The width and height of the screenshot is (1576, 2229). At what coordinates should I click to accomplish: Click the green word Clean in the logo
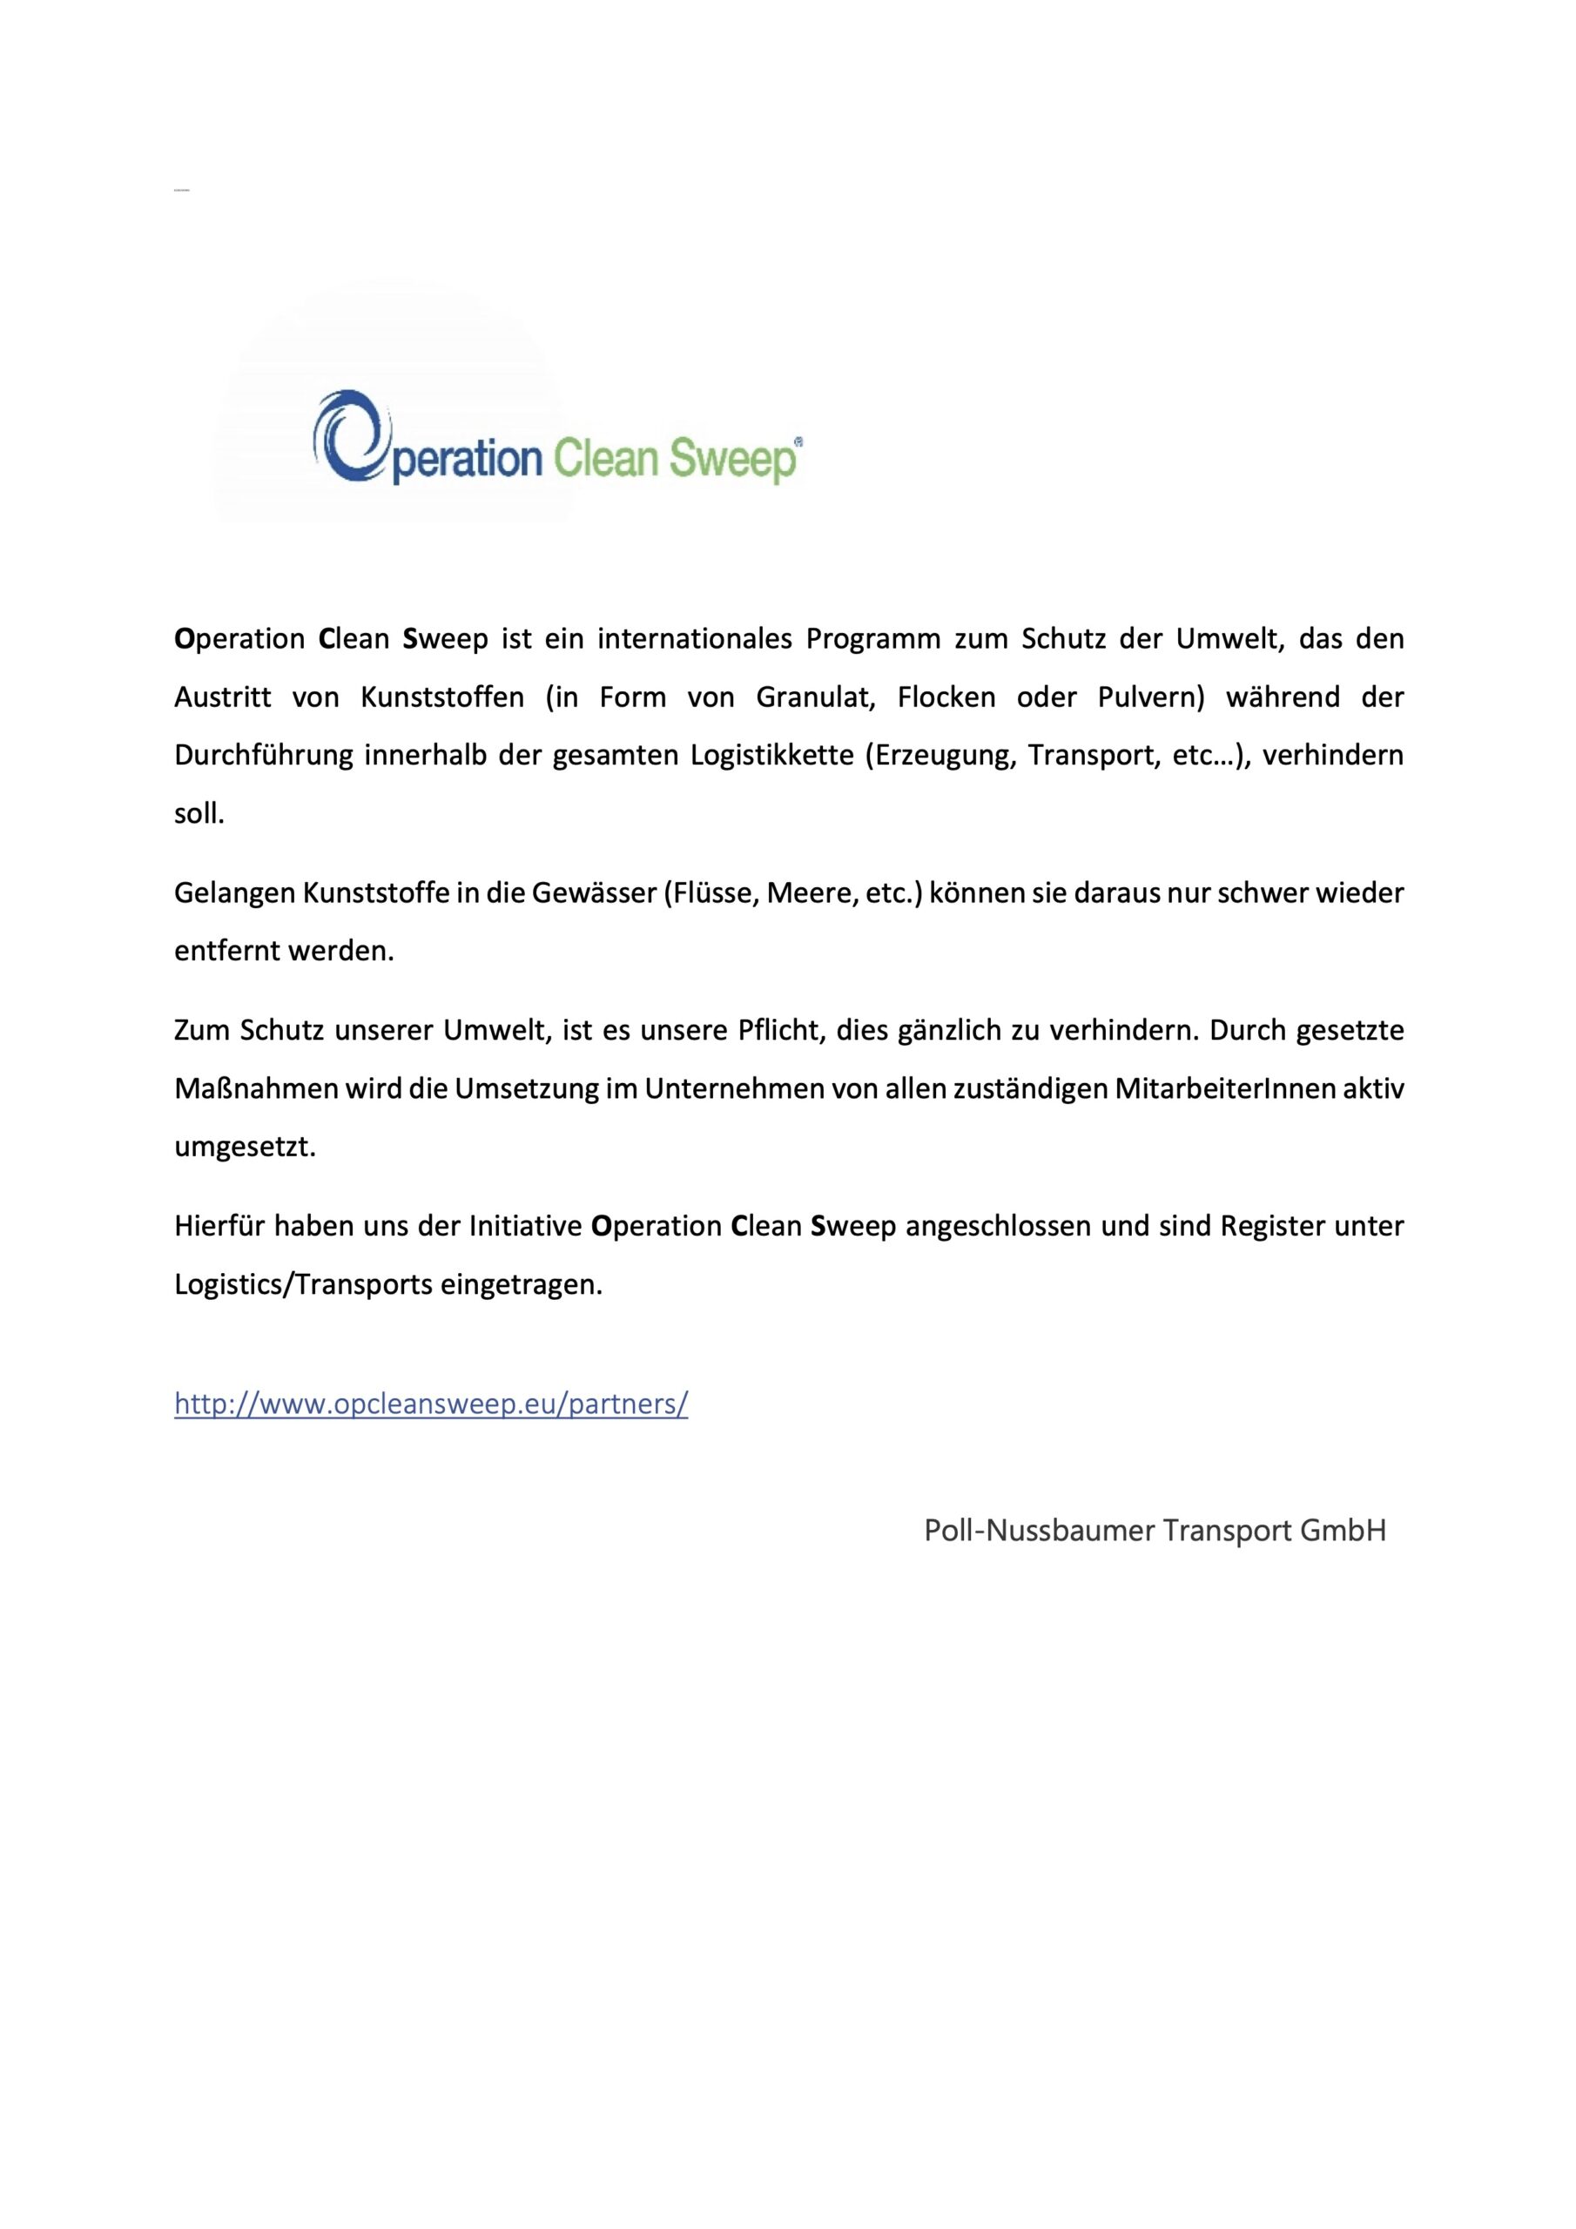pyautogui.click(x=605, y=458)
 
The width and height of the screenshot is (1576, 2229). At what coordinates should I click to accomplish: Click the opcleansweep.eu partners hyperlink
pyautogui.click(x=431, y=1404)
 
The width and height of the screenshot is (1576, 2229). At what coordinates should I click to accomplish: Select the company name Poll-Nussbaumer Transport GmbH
pyautogui.click(x=1155, y=1531)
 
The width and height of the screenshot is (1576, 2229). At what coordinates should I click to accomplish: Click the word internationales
pyautogui.click(x=695, y=639)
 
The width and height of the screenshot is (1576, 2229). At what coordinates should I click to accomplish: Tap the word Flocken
pyautogui.click(x=946, y=697)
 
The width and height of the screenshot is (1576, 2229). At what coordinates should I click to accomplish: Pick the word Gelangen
pyautogui.click(x=234, y=893)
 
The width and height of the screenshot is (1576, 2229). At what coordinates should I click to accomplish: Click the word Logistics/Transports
pyautogui.click(x=303, y=1284)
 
